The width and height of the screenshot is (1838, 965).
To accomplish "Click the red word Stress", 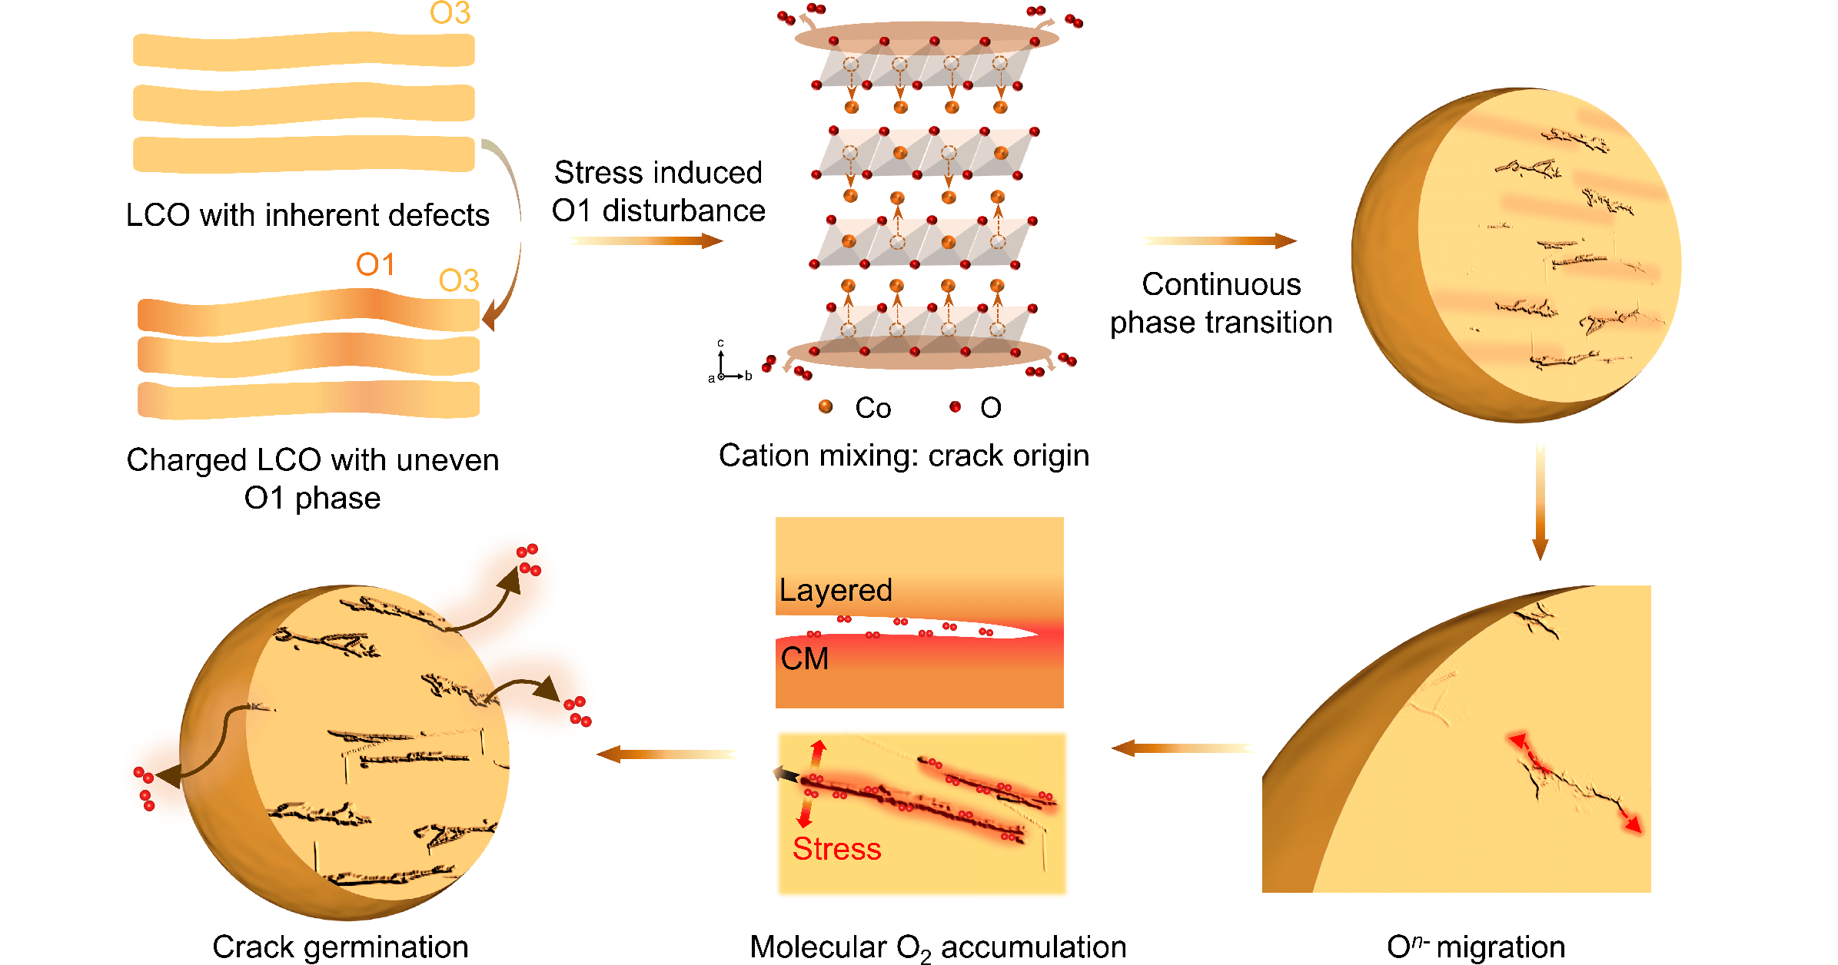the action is point(836,849).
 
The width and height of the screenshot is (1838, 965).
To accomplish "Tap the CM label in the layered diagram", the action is point(805,658).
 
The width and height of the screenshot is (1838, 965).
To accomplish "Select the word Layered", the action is point(836,591).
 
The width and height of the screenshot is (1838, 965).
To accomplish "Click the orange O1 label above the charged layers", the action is point(375,265).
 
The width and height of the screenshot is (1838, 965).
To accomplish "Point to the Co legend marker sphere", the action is point(826,406).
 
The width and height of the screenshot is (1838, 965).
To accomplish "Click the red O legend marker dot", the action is point(956,406).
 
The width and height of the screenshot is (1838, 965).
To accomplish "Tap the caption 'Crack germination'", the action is point(341,947).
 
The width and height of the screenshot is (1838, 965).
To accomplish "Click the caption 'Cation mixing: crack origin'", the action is point(904,456).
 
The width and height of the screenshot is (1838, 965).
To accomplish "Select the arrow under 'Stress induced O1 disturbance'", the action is point(646,241).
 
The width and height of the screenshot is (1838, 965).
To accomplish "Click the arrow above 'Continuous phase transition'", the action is point(1219,241).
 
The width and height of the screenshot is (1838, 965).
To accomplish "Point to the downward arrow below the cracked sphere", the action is point(1540,501).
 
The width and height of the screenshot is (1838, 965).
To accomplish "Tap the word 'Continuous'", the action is point(1221,284).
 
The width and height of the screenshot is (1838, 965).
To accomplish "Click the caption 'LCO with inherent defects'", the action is point(307,215).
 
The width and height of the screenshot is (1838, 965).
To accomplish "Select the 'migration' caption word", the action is point(1501,947).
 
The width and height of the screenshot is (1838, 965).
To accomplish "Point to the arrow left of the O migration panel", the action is point(1182,748).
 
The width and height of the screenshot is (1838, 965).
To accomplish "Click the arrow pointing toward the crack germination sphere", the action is point(667,754).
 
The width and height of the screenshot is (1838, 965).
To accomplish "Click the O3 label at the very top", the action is point(450,13).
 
